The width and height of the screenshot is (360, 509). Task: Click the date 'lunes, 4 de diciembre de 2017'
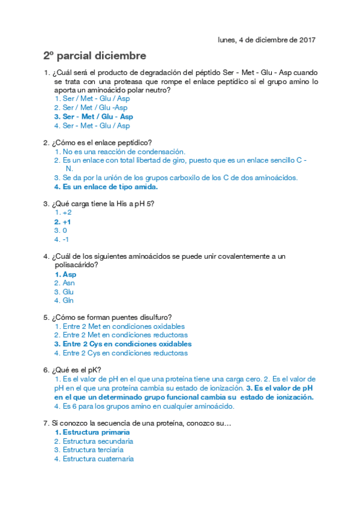[266, 40]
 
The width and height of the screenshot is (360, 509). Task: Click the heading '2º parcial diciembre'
[94, 56]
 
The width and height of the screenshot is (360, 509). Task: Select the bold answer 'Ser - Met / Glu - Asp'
[98, 116]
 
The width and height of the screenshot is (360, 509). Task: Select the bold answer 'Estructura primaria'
[96, 432]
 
